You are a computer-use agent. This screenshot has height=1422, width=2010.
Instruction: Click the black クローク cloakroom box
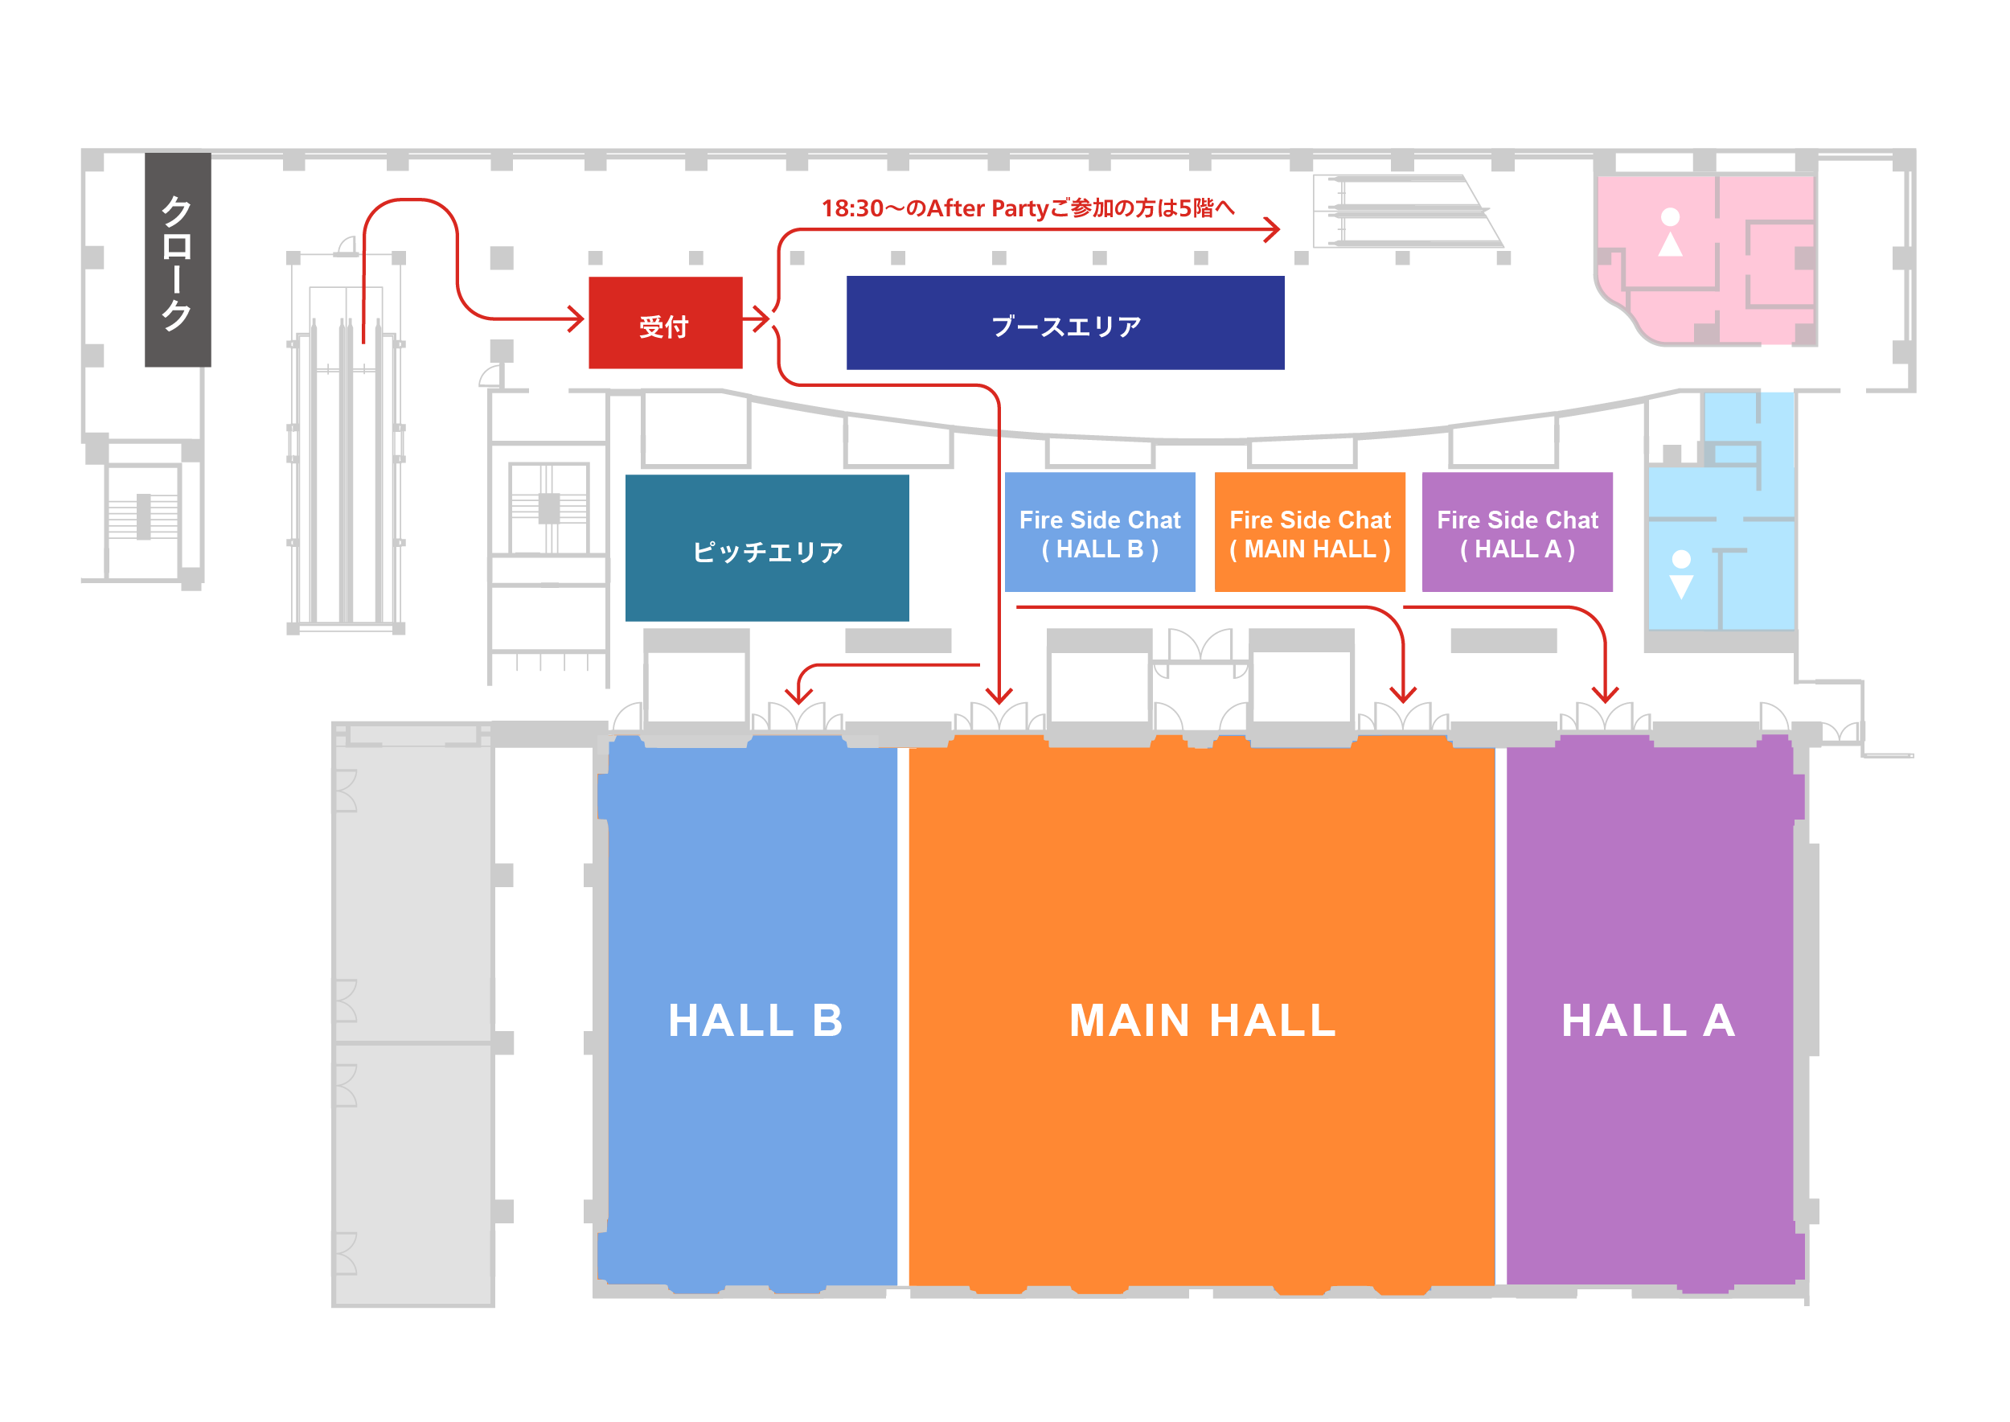tap(178, 260)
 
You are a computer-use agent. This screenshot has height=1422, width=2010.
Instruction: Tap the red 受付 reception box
tap(666, 323)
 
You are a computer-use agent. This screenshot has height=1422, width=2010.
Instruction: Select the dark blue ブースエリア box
tap(1065, 323)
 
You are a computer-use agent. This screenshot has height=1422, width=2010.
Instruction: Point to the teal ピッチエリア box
tap(767, 549)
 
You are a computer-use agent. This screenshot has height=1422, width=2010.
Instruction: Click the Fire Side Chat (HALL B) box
tap(1100, 532)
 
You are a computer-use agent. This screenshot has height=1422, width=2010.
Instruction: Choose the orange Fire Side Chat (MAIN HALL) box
tap(1310, 532)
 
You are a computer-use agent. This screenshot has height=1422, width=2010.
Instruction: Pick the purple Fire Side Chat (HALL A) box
tap(1517, 532)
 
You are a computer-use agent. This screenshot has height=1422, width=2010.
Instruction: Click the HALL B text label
tap(756, 1021)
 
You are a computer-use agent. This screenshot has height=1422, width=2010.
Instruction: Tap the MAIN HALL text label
tap(1203, 1021)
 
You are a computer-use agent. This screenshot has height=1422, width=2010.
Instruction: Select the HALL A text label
tap(1648, 1021)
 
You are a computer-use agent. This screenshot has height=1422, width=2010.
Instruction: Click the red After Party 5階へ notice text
tap(1028, 208)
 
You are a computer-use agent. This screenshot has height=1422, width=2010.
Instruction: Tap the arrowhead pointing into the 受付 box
tap(576, 319)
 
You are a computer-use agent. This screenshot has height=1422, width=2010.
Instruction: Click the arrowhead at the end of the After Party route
tap(1273, 230)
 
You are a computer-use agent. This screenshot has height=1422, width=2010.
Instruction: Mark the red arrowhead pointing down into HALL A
tap(1605, 694)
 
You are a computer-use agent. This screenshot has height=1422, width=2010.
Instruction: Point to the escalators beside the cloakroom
tap(346, 473)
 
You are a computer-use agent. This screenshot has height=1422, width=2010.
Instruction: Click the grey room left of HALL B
tap(412, 1016)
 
